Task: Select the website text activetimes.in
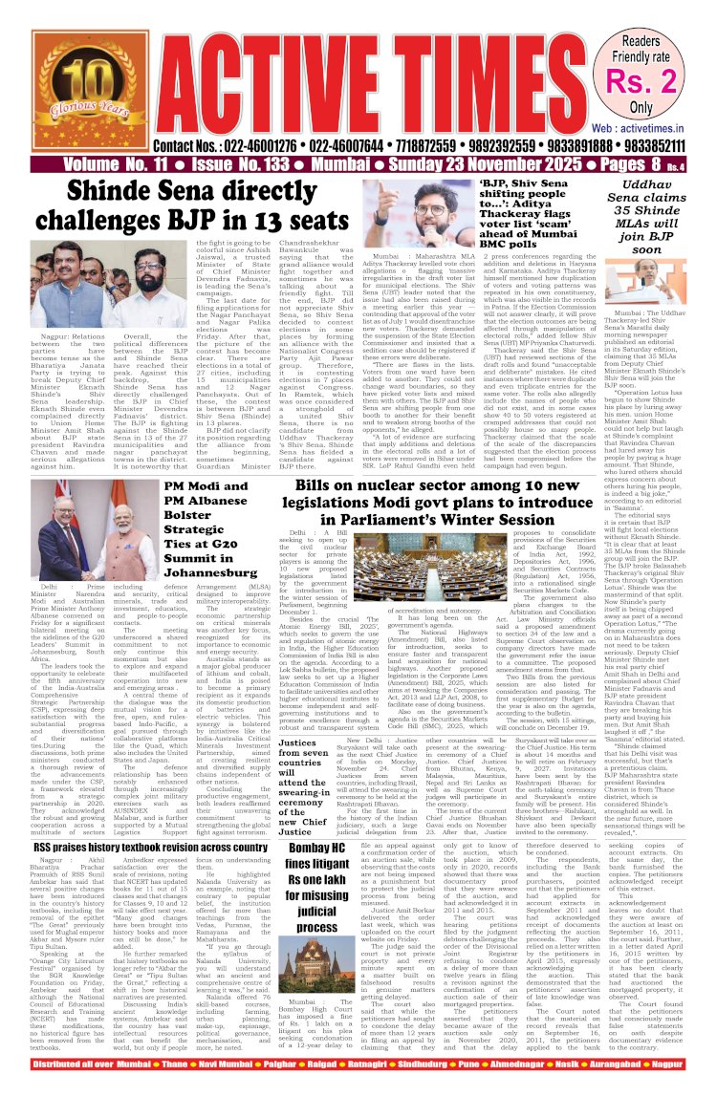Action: click(661, 126)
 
